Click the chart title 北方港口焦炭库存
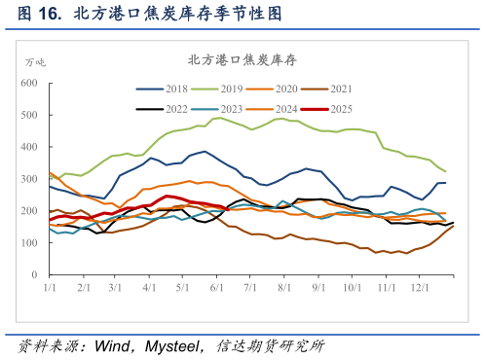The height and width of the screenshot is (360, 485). [242, 59]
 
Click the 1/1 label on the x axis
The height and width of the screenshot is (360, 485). [49, 288]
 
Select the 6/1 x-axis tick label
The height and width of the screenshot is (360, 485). [215, 288]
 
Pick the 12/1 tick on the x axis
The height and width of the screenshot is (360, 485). [419, 288]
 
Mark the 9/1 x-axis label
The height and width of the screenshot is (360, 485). [318, 288]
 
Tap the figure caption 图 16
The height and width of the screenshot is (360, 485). [39, 14]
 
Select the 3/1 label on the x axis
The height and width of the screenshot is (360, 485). [114, 288]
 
